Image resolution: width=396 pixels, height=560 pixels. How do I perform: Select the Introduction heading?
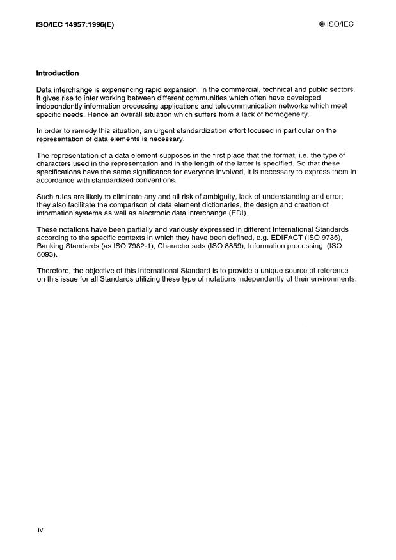point(58,73)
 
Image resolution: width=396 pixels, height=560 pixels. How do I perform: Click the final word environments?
point(329,279)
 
